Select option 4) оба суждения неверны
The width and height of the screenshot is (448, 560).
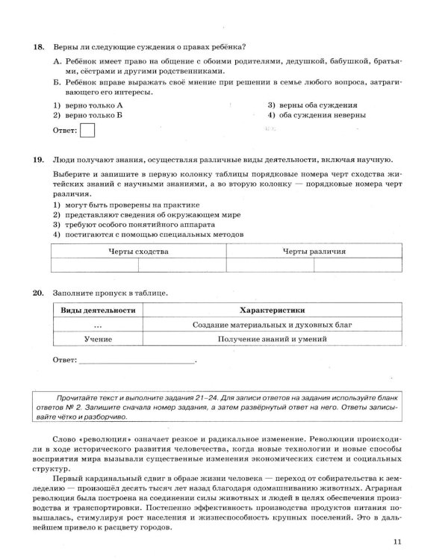[317, 116]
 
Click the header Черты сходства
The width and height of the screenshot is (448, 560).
[139, 252]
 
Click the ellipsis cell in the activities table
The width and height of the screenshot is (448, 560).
[98, 325]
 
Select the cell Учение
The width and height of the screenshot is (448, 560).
[98, 339]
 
